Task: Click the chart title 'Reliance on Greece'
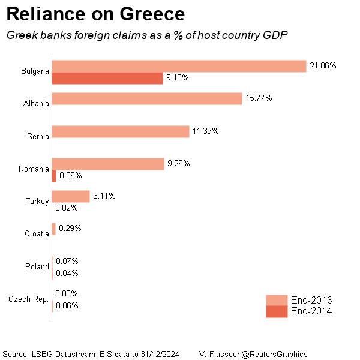[x=95, y=14]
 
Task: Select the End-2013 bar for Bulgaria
[x=180, y=66]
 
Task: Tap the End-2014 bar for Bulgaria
[x=107, y=78]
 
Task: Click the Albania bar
[x=147, y=98]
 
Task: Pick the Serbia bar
[x=121, y=131]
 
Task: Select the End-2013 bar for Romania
[x=108, y=164]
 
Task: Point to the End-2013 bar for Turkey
[x=71, y=196]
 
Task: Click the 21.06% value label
[x=323, y=65]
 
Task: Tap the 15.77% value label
[x=259, y=98]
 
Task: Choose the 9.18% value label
[x=178, y=78]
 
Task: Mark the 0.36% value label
[x=71, y=176]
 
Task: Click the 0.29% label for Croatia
[x=70, y=229]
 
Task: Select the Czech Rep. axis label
[x=29, y=299]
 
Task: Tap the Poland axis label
[x=37, y=266]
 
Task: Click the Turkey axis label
[x=37, y=202]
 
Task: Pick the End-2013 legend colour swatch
[x=277, y=300]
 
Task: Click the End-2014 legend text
[x=311, y=311]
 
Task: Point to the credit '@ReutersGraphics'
[x=275, y=354]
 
